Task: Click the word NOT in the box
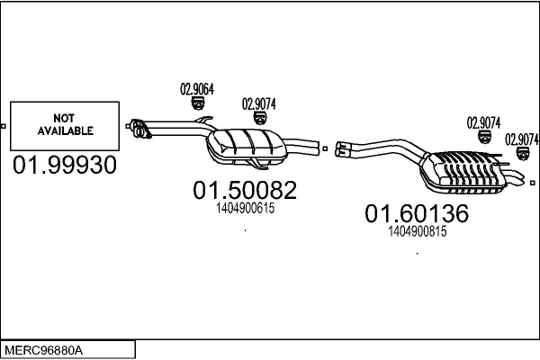(x=65, y=118)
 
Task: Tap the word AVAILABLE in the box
(x=65, y=130)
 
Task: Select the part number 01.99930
(x=65, y=166)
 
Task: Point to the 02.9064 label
(x=197, y=88)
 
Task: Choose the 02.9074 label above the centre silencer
(x=259, y=103)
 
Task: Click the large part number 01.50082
(x=245, y=191)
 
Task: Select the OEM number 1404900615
(x=246, y=208)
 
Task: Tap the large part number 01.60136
(x=417, y=214)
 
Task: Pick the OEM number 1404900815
(x=418, y=231)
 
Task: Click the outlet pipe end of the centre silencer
(x=314, y=147)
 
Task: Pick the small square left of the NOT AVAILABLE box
(x=4, y=125)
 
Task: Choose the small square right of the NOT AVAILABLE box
(x=125, y=125)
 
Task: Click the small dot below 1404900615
(x=246, y=230)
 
